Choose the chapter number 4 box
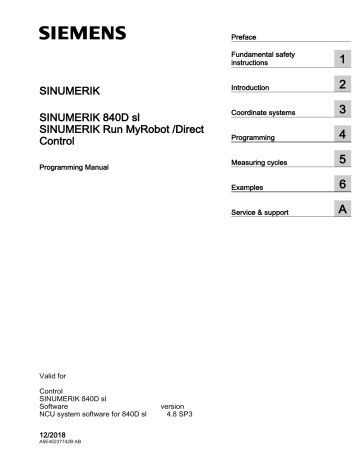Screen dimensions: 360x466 343,134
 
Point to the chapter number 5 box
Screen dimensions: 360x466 343,159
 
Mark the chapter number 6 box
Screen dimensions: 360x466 343,184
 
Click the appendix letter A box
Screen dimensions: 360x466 343,209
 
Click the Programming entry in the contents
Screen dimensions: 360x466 254,136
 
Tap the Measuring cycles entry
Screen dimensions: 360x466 262,161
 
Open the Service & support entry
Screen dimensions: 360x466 262,211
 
